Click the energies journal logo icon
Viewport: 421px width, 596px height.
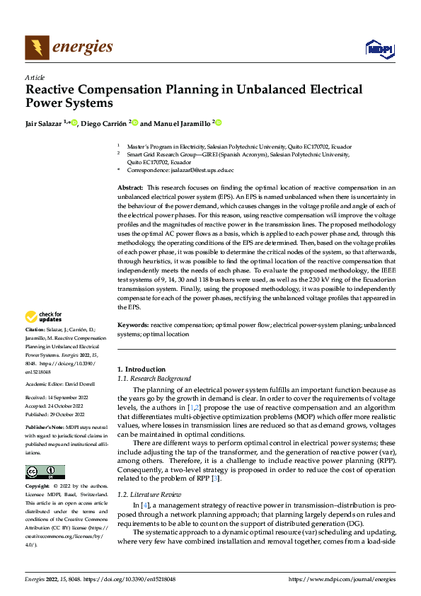tap(37, 47)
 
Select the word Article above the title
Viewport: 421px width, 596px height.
tap(34, 77)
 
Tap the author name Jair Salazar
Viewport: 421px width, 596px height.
tap(44, 123)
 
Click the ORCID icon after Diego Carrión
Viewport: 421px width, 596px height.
tap(134, 123)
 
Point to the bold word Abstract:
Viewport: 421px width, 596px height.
tap(132, 187)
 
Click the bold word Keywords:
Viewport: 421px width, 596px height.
tap(133, 324)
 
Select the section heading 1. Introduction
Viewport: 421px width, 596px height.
tap(142, 369)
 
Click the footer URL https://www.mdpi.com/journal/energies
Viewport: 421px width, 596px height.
tap(342, 580)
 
